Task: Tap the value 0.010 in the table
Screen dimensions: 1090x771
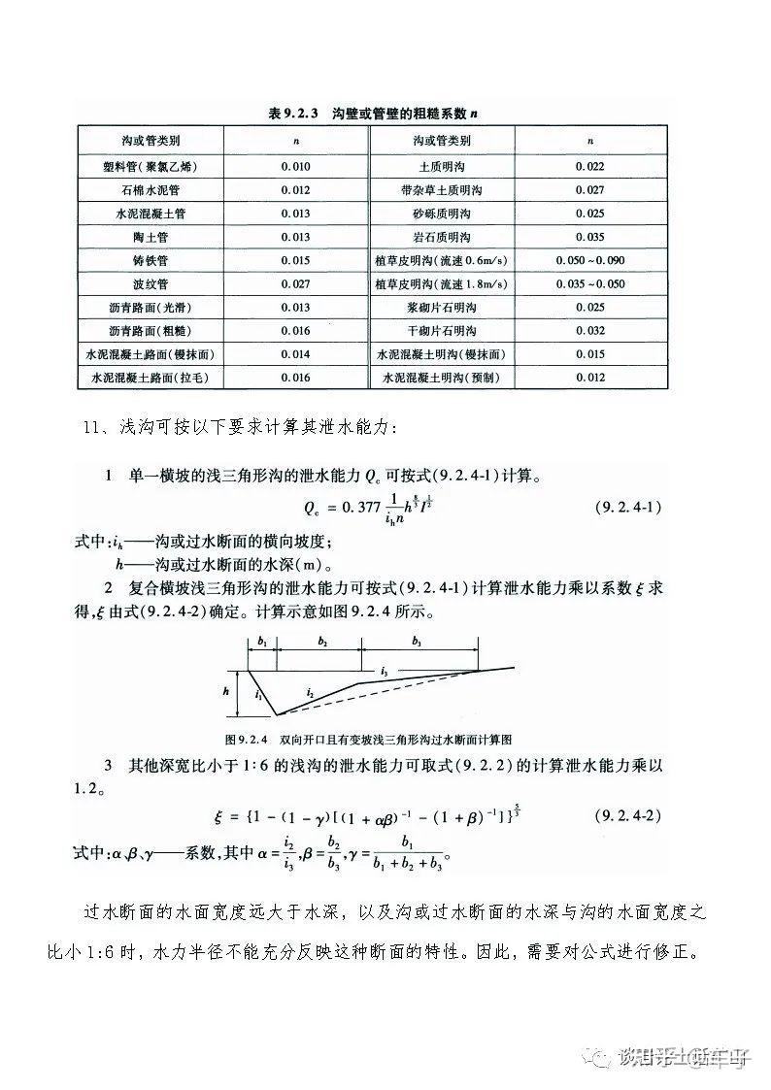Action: pos(295,167)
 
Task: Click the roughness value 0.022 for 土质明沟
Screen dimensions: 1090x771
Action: pos(589,167)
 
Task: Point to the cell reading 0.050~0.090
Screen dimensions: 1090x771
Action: pos(589,261)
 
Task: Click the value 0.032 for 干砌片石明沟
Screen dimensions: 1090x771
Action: pos(589,331)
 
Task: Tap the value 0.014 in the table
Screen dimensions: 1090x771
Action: pos(295,354)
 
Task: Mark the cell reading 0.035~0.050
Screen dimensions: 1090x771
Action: pos(589,284)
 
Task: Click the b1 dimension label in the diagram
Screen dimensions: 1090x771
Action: pos(263,643)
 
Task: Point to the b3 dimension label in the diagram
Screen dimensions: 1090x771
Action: pos(417,643)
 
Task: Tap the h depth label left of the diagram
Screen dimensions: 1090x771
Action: pos(225,692)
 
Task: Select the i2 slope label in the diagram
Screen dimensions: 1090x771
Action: pos(309,692)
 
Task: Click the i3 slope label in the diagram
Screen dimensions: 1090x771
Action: pos(385,672)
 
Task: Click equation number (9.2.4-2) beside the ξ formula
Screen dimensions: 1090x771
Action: pos(626,814)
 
